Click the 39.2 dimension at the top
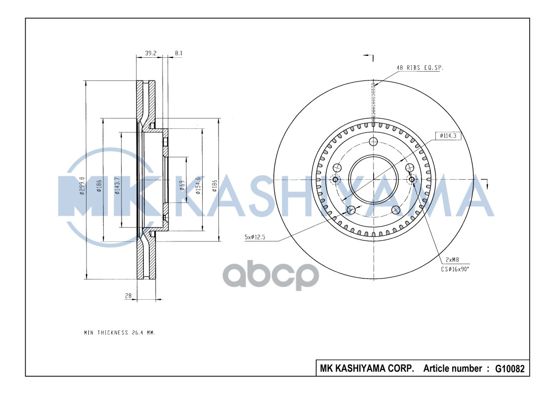(151, 53)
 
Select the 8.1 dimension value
(178, 53)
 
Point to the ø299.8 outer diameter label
(82, 185)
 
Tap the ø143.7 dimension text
(117, 186)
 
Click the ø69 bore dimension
(181, 186)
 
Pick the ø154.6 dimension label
(198, 185)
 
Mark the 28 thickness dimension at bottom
(128, 296)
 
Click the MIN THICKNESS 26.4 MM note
(120, 333)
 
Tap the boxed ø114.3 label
(448, 135)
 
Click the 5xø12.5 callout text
(255, 237)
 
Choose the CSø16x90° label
(456, 270)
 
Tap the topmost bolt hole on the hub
(374, 142)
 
